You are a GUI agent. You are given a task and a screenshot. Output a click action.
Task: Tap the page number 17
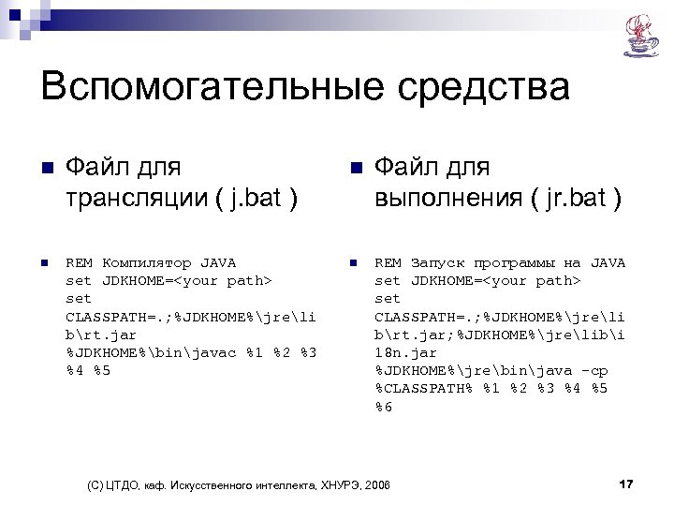[x=626, y=484]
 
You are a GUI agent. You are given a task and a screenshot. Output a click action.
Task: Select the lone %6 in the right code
[x=384, y=406]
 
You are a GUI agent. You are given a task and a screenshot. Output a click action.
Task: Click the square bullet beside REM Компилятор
[x=43, y=263]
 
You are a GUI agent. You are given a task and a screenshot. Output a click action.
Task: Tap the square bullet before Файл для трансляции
[x=44, y=169]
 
